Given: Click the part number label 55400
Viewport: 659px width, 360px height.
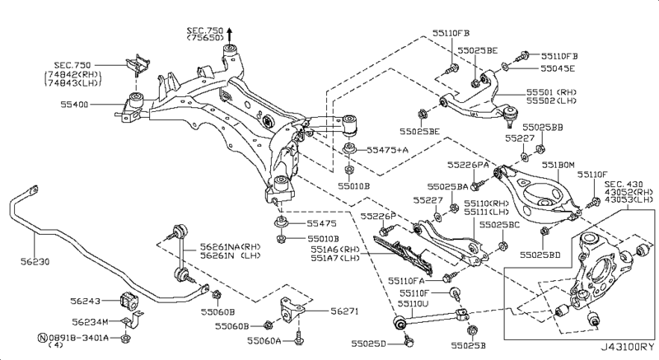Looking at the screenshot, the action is (74, 104).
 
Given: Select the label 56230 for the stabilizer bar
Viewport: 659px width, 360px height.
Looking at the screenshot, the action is (35, 262).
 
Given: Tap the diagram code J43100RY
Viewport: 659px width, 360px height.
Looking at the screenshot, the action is (627, 348).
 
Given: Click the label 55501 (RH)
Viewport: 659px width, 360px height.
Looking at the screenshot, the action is (551, 92).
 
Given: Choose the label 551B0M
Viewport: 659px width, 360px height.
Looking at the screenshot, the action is (559, 165).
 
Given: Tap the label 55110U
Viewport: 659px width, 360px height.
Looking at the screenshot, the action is (414, 303).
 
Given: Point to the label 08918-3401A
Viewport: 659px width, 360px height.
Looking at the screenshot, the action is (78, 337).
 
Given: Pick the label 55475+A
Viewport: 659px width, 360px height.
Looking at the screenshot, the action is (387, 150).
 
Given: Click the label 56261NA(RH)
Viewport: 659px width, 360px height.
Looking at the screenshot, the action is (230, 246).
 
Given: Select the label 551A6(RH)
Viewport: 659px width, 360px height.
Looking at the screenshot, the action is (335, 249).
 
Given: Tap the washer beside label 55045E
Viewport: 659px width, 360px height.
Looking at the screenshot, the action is (505, 67).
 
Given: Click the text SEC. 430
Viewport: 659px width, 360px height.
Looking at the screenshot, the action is (624, 184).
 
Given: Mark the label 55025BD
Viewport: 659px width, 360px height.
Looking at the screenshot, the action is (540, 255).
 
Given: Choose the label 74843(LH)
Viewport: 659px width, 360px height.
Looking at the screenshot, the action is (73, 82).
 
